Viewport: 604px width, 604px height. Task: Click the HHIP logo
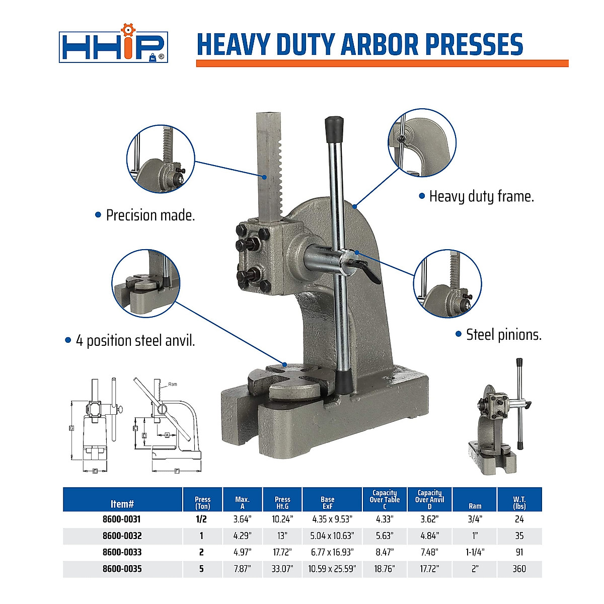(x=113, y=47)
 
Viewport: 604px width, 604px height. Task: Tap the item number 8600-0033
(x=122, y=552)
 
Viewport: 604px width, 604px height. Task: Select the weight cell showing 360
(x=519, y=569)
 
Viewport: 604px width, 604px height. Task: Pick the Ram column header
(x=475, y=506)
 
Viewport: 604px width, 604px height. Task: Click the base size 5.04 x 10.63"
(x=332, y=536)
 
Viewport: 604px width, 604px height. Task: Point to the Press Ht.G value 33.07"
(x=282, y=569)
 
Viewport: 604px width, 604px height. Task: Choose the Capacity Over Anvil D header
(x=429, y=499)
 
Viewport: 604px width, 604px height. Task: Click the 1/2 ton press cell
(x=202, y=519)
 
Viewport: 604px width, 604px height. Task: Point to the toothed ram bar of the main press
(x=270, y=166)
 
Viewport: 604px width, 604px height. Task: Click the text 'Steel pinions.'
(x=503, y=335)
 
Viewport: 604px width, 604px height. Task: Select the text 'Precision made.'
(x=150, y=215)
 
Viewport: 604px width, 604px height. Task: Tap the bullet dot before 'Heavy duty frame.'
(x=422, y=196)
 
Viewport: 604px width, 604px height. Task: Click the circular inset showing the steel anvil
(x=145, y=283)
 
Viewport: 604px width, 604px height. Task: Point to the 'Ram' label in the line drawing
(x=173, y=384)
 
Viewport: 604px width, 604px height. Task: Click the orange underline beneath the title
(x=382, y=63)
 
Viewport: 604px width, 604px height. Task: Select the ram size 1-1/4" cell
(x=475, y=552)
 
